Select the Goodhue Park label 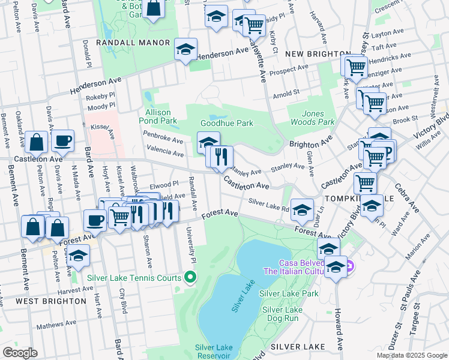(226, 123)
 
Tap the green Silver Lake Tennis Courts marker (191, 277)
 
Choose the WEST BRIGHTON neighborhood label (38, 300)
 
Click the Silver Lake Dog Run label (282, 314)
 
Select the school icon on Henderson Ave (186, 50)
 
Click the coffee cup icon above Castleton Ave (62, 141)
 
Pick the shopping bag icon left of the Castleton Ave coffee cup (37, 143)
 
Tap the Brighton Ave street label (310, 144)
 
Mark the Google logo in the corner (20, 353)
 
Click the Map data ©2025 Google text (411, 355)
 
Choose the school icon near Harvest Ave (78, 256)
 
